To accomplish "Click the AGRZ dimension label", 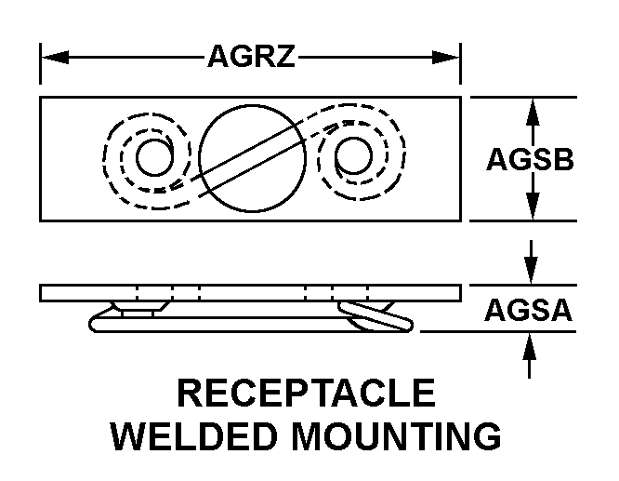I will pyautogui.click(x=250, y=58).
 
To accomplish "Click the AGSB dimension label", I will pyautogui.click(x=530, y=159).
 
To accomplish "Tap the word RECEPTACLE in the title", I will pyautogui.click(x=306, y=394).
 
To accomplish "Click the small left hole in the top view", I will pyautogui.click(x=152, y=157).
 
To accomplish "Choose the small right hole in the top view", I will pyautogui.click(x=352, y=157).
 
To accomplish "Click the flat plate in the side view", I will pyautogui.click(x=250, y=293).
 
